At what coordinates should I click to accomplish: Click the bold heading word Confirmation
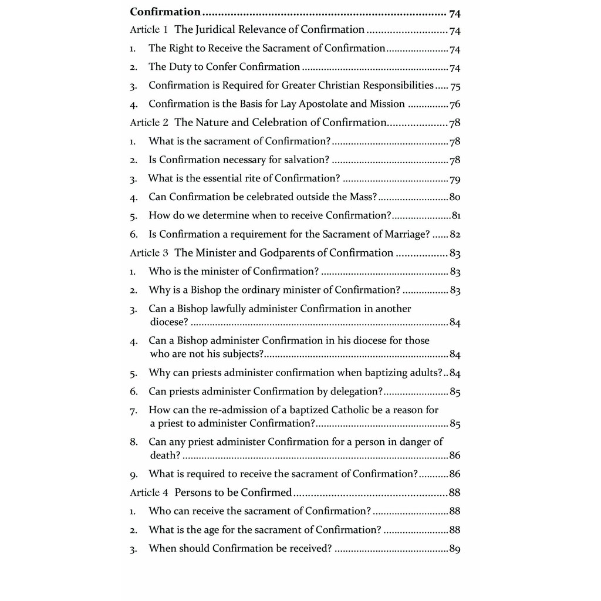point(165,12)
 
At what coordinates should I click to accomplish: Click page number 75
point(455,86)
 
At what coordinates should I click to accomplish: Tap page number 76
point(455,104)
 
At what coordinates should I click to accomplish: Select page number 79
point(455,179)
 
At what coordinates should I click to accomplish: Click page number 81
point(456,215)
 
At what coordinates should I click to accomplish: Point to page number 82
point(455,235)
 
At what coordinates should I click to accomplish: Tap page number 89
point(455,549)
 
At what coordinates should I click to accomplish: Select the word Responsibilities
point(393,85)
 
